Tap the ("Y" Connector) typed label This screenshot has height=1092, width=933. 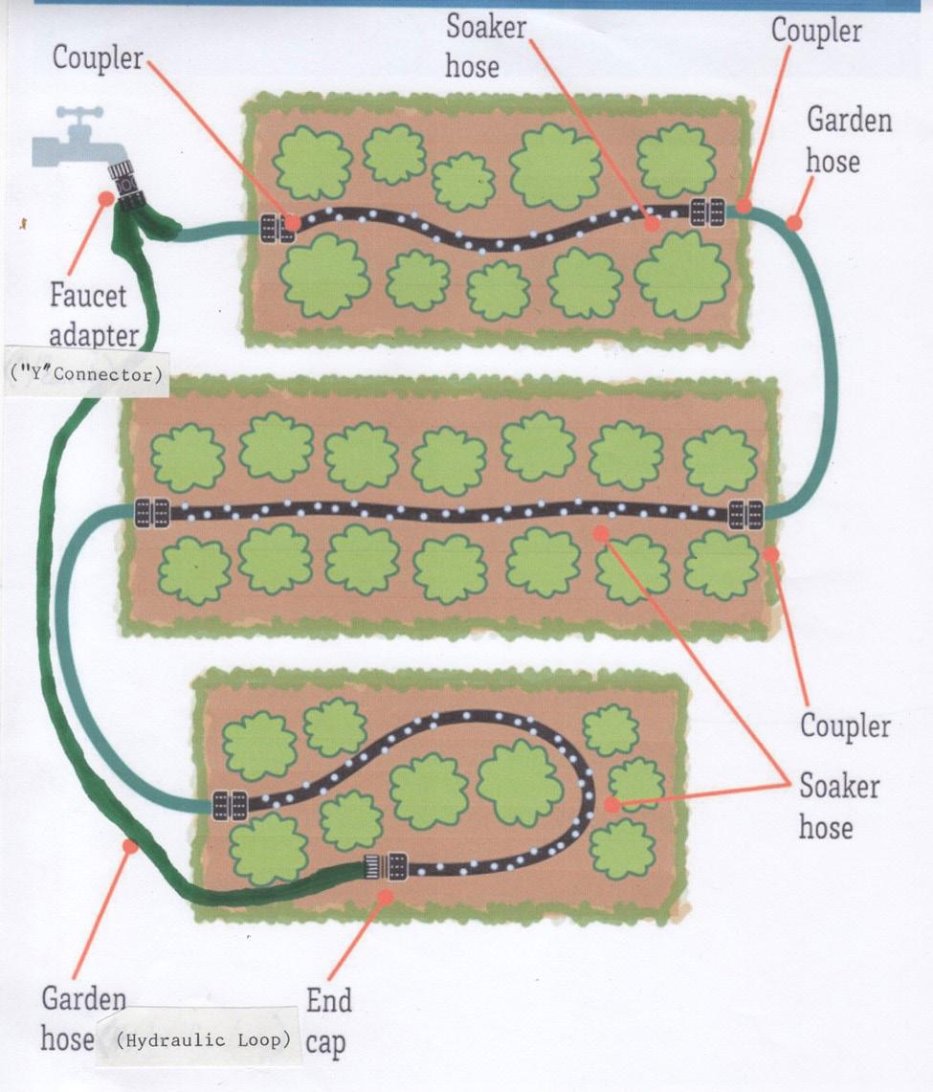85,374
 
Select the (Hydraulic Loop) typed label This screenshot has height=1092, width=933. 200,1039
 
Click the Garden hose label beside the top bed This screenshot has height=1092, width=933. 848,140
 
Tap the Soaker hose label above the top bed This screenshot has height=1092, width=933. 485,45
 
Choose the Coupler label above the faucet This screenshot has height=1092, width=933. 97,57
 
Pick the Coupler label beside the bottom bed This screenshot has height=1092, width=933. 845,726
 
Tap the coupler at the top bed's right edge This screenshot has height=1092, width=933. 709,212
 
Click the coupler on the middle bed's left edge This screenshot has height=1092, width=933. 152,511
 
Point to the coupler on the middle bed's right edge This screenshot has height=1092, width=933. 745,514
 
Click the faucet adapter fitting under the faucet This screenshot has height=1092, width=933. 124,183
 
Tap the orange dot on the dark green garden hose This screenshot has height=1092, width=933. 131,846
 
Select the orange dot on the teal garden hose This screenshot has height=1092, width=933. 792,224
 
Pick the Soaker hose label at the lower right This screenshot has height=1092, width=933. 839,805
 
